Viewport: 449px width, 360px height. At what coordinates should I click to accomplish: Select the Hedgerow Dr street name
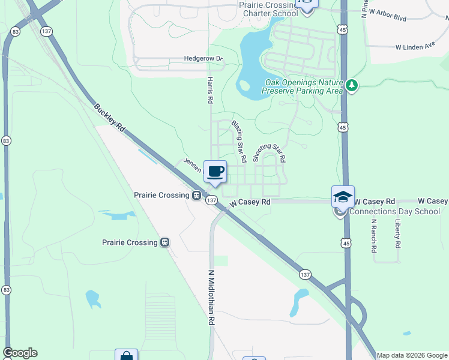click(203, 59)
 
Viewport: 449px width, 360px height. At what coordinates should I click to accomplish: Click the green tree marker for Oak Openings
click(352, 87)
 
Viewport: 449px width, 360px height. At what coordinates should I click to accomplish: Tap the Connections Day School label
click(394, 211)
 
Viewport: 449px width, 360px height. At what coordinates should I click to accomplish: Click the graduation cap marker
click(343, 196)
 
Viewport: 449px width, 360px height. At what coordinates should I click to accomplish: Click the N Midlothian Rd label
click(211, 298)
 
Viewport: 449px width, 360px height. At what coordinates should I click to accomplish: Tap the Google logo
click(20, 353)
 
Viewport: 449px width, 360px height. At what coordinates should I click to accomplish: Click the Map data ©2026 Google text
click(412, 355)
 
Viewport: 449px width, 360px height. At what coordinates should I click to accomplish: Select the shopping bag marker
click(127, 356)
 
